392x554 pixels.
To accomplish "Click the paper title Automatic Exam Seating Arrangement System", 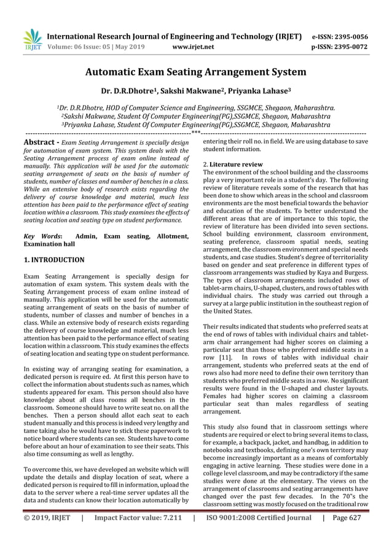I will tap(195, 72).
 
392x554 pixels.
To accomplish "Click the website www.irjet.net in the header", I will tap(194, 46).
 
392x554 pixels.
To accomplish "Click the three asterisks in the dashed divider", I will tap(195, 132).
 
